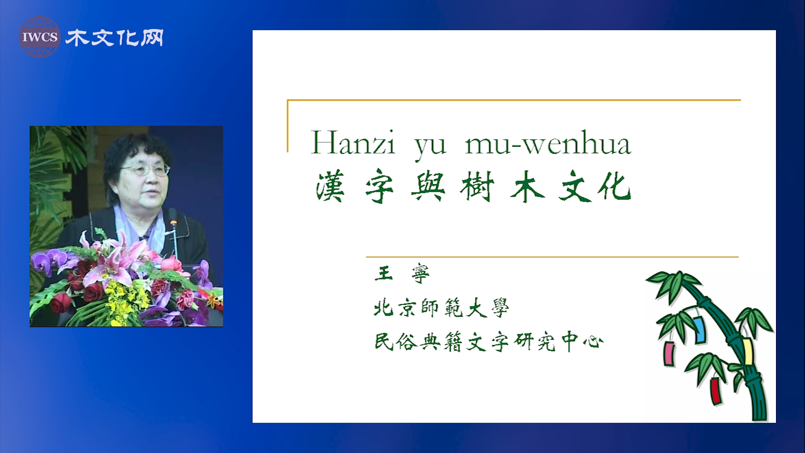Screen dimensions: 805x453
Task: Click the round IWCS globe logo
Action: [40, 37]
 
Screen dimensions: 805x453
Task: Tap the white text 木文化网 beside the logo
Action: [114, 38]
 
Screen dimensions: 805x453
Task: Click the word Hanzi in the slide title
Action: [353, 143]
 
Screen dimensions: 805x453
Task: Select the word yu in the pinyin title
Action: [431, 147]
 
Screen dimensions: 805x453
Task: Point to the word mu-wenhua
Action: [548, 143]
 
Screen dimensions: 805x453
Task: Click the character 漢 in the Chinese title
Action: [331, 187]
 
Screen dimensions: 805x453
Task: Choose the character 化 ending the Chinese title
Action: [615, 187]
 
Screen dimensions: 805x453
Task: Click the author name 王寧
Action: [402, 274]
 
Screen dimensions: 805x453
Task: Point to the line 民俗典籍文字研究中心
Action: [489, 341]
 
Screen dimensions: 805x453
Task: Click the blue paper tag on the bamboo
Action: [699, 329]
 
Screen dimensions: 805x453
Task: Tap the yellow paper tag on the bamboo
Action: [747, 351]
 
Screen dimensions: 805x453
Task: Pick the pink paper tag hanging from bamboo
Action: [669, 354]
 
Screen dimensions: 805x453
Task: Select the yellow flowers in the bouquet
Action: [126, 302]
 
